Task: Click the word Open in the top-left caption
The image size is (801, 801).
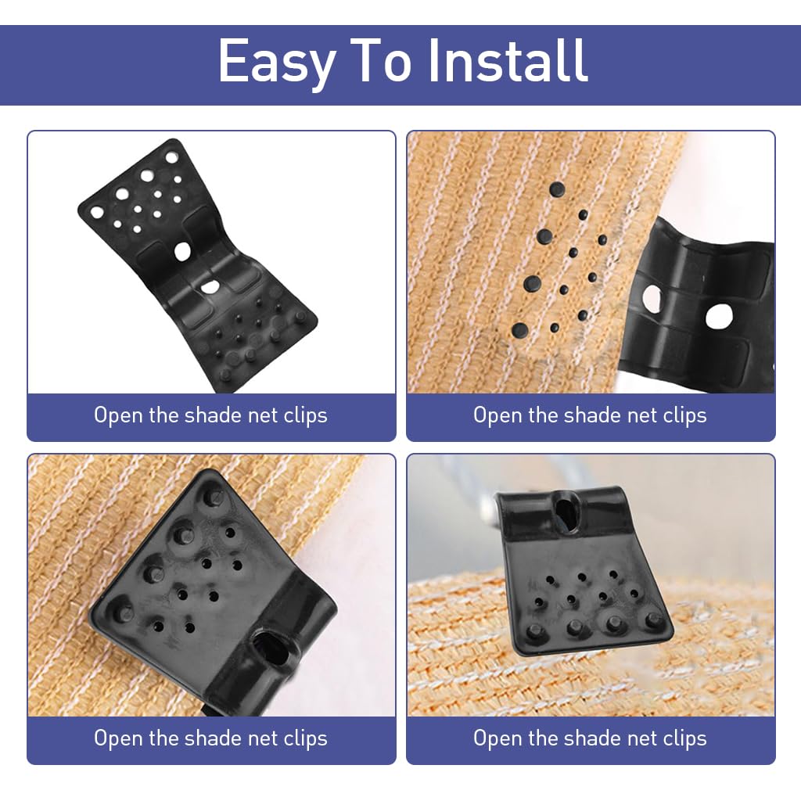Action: [118, 415]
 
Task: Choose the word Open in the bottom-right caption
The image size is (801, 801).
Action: [497, 738]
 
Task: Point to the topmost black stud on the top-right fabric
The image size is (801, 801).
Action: [557, 189]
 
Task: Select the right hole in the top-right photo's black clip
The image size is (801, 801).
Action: [718, 315]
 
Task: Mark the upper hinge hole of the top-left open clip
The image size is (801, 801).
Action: [182, 251]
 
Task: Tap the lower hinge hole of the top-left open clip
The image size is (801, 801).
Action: [210, 287]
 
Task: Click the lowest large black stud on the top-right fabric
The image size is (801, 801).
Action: [519, 329]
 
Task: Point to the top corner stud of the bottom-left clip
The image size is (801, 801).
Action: [212, 494]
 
